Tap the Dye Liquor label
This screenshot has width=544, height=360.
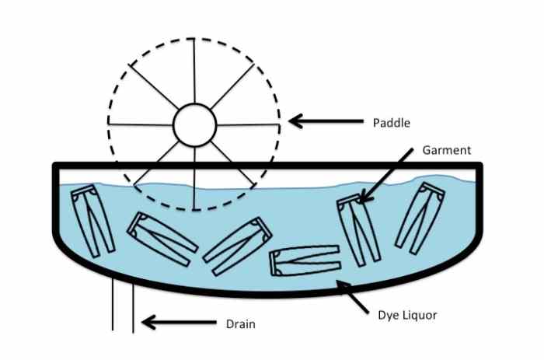[406, 316]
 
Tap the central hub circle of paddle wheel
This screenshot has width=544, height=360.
[194, 124]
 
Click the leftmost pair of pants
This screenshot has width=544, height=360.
[92, 222]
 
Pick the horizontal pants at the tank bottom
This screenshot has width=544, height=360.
[304, 260]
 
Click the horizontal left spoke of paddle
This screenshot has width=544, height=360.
[139, 124]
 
